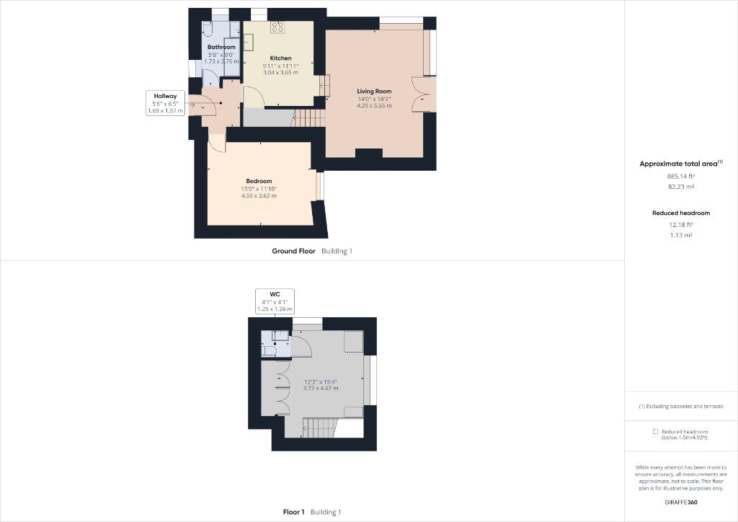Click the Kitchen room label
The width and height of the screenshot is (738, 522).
tap(280, 58)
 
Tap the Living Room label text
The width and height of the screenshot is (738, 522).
tap(374, 92)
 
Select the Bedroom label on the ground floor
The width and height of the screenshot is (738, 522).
tap(259, 181)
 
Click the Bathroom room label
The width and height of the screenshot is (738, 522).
tap(221, 47)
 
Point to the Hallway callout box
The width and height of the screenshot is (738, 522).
tap(165, 103)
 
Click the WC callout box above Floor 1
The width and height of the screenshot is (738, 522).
tap(275, 301)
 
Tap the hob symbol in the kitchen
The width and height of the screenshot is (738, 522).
tap(277, 27)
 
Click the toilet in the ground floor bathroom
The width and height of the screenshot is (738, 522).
tap(209, 30)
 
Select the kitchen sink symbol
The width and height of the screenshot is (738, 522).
tap(248, 42)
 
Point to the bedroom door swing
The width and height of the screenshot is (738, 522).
tap(218, 143)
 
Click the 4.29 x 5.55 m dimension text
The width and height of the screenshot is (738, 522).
tap(374, 106)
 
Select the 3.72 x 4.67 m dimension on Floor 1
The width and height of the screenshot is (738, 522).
tap(321, 389)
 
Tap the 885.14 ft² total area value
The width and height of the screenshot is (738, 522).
tap(681, 177)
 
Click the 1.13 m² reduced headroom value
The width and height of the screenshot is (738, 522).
tap(681, 235)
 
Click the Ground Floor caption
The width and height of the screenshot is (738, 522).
tap(294, 252)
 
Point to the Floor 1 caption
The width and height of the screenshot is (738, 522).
tap(294, 512)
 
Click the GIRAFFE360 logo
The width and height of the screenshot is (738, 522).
tap(681, 503)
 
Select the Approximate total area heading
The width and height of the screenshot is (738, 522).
tap(679, 164)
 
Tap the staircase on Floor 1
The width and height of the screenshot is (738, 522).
tap(320, 428)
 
